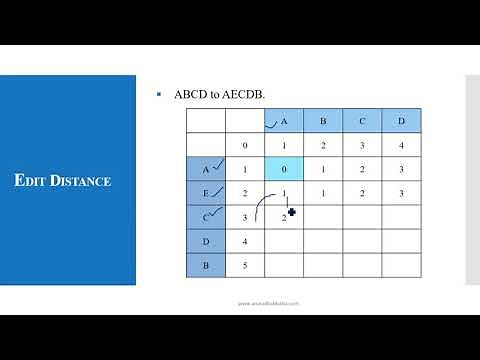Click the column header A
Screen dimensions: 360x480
[284, 122]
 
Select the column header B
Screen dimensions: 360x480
[323, 122]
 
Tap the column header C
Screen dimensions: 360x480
[362, 122]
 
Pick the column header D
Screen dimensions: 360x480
[401, 122]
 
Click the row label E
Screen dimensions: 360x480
[206, 193]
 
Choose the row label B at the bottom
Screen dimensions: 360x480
[206, 265]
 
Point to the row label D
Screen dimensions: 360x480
[206, 241]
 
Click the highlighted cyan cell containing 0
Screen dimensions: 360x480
[284, 169]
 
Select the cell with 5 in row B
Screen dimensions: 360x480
[245, 265]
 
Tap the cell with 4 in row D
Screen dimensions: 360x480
[245, 241]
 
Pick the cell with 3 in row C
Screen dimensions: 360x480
[245, 217]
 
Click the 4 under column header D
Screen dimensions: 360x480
[401, 146]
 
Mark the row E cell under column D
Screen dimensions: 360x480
[401, 193]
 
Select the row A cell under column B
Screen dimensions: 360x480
[323, 169]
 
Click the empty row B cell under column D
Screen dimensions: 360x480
[401, 265]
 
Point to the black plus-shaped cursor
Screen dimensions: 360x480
[292, 212]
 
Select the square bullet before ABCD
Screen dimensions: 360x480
[159, 94]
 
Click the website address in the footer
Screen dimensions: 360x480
[268, 303]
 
